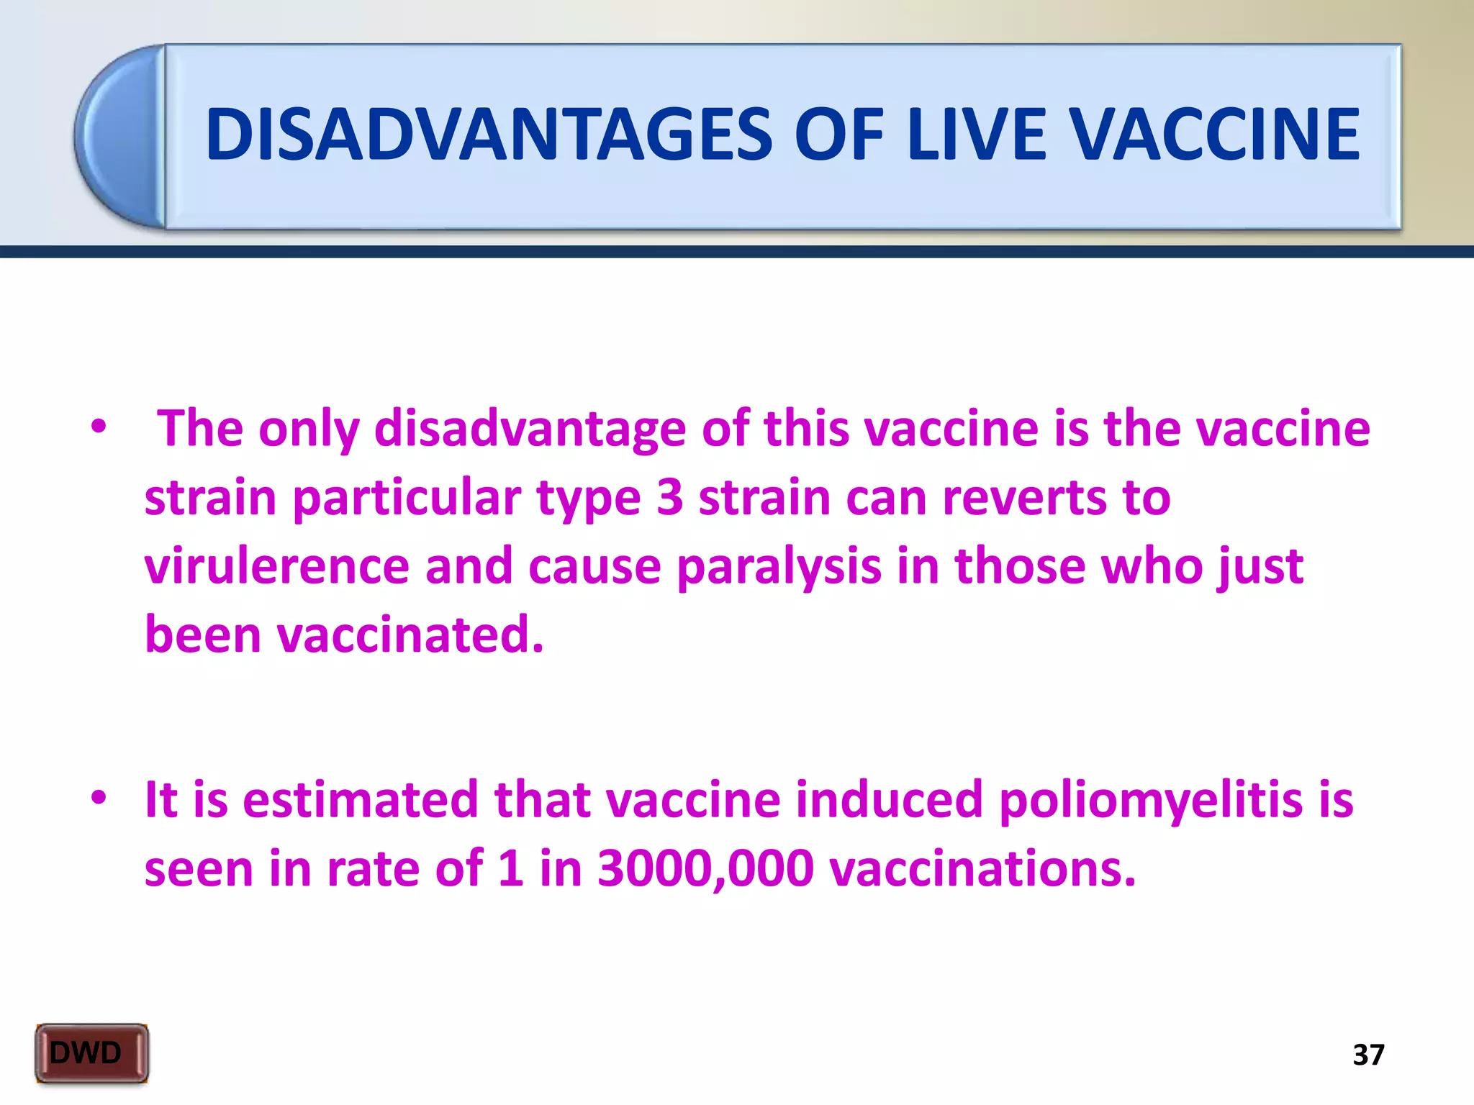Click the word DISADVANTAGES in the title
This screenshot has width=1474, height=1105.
pos(489,135)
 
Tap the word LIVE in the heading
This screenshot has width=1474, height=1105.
pos(976,135)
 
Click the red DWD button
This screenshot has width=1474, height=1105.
pos(91,1053)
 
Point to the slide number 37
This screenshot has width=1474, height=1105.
pos(1368,1055)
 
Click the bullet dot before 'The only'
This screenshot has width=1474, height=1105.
pos(99,427)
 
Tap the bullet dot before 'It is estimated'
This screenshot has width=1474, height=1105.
pos(99,797)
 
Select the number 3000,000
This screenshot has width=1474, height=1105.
pos(705,868)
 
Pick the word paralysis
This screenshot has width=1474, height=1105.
pos(779,567)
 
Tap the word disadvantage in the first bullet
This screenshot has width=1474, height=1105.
pos(530,429)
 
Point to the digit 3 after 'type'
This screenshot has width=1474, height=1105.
pos(669,497)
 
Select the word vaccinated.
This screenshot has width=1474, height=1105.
pos(410,635)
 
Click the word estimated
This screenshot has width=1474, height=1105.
pos(360,799)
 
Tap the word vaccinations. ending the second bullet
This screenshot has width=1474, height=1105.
pos(982,868)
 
